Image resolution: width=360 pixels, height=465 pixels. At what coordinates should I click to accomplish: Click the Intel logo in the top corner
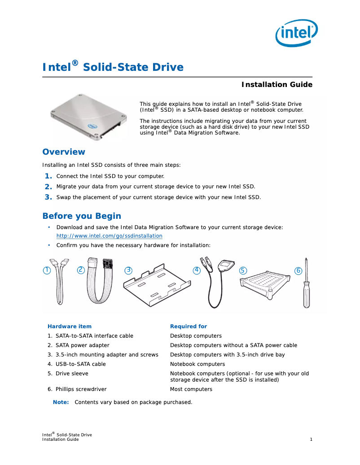[296, 32]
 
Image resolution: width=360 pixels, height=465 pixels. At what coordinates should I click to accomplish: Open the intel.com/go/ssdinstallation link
[109, 236]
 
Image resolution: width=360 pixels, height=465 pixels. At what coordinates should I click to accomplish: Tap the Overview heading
[64, 152]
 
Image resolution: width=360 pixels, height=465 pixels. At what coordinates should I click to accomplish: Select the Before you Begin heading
[82, 216]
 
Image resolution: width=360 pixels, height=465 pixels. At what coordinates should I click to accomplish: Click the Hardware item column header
[70, 326]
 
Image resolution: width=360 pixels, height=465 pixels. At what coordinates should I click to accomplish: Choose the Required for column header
[189, 326]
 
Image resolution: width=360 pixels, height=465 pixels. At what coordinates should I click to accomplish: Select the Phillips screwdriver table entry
[81, 389]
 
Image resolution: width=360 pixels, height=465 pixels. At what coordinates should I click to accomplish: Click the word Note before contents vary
[61, 402]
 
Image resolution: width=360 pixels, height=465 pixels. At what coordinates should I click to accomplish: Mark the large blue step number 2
[48, 187]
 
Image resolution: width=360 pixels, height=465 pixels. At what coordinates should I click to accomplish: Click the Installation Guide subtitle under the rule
[277, 85]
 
